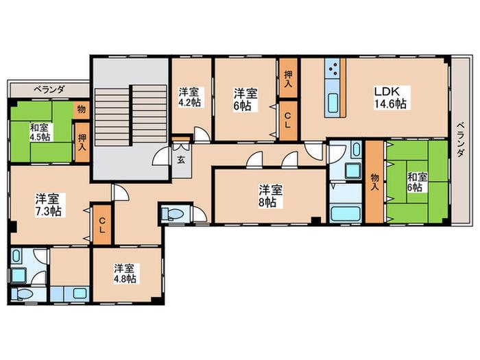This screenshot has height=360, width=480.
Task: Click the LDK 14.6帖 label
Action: coord(390,97)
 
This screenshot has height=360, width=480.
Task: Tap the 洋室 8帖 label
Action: coord(271,196)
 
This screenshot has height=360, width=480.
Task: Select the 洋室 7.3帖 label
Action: coord(47,205)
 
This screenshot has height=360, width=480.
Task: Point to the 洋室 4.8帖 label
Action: coord(125,274)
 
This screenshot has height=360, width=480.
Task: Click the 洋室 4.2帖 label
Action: coord(189,97)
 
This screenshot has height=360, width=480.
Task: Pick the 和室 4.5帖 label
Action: coord(40,132)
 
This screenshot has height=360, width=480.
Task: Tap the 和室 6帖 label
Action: coord(417,182)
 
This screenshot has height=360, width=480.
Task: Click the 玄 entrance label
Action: coord(181,160)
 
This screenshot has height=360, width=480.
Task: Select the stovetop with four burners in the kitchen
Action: coord(334,69)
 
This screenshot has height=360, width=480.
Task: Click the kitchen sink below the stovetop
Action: coord(333,103)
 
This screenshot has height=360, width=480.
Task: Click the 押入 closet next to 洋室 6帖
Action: coord(288,78)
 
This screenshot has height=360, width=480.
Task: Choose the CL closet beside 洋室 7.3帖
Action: coord(102,225)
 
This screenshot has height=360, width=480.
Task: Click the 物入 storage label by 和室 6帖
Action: coord(374,182)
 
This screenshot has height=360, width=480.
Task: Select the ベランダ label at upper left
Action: coord(49,89)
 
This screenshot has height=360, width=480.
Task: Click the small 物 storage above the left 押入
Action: coord(82,110)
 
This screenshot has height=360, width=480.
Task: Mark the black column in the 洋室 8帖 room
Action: coord(316,220)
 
